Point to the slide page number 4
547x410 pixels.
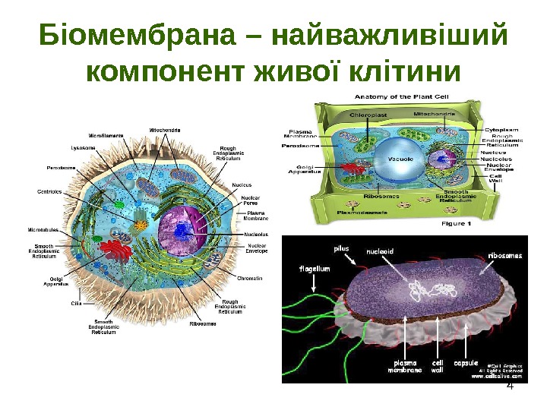point(510,386)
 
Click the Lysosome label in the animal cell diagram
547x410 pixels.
point(83,147)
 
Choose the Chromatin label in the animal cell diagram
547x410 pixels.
point(250,279)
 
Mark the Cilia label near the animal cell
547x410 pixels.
point(76,303)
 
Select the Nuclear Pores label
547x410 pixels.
point(251,200)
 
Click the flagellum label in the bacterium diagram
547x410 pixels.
point(315,268)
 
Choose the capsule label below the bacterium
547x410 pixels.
point(464,363)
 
